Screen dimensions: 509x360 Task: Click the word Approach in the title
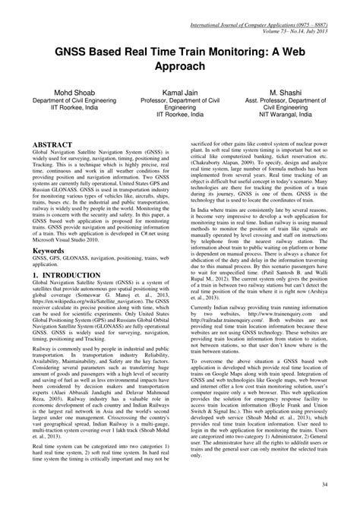(180, 66)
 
